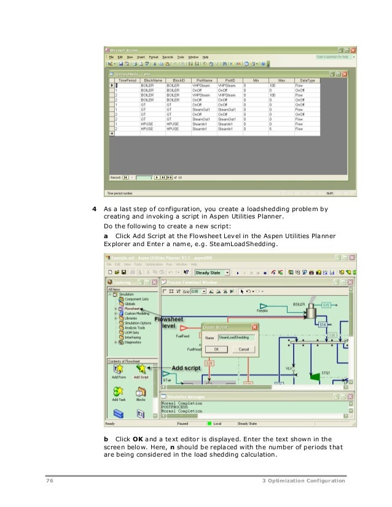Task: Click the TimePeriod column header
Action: (127, 80)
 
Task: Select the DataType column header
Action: (307, 80)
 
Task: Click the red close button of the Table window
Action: (344, 74)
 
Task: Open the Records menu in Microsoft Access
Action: (168, 56)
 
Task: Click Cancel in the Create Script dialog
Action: (243, 349)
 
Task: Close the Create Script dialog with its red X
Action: (254, 328)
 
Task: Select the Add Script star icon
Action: (141, 368)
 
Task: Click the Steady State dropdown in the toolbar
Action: (212, 272)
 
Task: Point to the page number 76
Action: (50, 480)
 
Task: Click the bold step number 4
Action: (93, 209)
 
